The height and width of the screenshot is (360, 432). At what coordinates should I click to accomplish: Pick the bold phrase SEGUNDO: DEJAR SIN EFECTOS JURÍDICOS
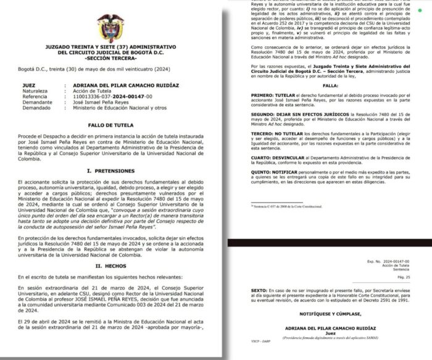(x=295, y=114)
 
